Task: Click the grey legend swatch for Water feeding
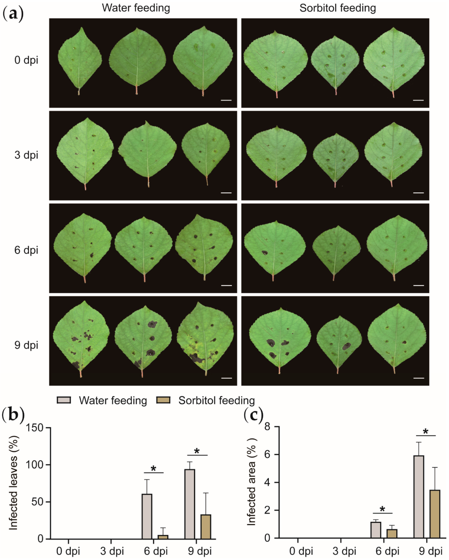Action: click(x=64, y=400)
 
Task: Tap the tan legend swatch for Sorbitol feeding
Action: click(x=163, y=400)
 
